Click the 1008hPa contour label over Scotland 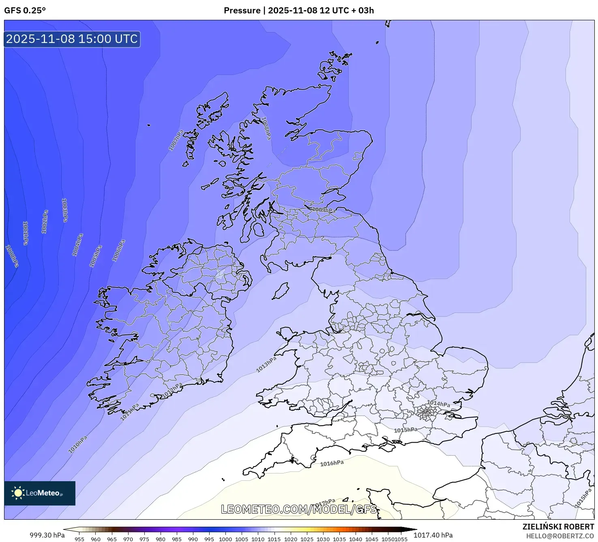(266, 129)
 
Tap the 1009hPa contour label (324, 210)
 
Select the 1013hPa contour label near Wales (266, 364)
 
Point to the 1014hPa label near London (438, 403)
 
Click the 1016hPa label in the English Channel (332, 463)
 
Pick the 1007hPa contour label (176, 140)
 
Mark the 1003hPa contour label (64, 210)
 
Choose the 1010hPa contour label (78, 444)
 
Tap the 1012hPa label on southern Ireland (172, 390)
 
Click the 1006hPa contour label (118, 251)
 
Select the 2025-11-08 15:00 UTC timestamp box (72, 39)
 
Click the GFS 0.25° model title (25, 11)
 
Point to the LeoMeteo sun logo (18, 493)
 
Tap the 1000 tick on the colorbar (225, 539)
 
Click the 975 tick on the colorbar (144, 539)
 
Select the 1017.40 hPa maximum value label (433, 535)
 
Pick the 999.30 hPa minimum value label (47, 535)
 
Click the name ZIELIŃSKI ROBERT (558, 527)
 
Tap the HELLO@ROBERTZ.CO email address (560, 536)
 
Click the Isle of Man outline (281, 291)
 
